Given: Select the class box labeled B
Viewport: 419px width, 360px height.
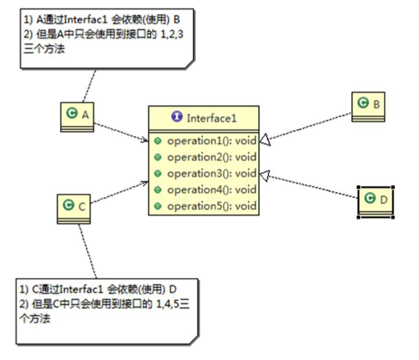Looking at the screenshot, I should point(369,104).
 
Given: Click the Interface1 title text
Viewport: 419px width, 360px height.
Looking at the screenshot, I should point(210,117).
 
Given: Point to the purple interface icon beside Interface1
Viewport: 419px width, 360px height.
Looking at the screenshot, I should point(177,117).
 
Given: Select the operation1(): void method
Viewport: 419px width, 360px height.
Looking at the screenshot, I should point(211,140).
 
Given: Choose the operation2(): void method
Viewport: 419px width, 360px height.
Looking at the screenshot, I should point(211,157).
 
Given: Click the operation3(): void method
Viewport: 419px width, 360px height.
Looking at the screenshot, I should point(211,174).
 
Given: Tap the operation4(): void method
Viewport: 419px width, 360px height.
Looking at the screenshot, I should point(211,190).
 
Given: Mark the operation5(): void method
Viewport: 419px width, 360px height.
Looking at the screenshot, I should point(211,206).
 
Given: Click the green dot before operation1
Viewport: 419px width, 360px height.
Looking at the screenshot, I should point(158,140).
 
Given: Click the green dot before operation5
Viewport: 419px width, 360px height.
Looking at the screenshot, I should point(158,206).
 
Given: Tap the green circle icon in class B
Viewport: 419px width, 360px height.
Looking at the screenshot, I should point(362,103).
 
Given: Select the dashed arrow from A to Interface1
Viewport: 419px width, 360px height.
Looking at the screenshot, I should point(122,128).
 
